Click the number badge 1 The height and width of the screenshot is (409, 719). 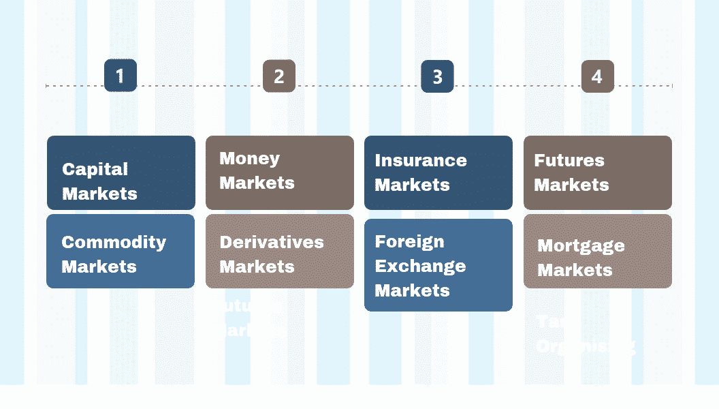coord(121,76)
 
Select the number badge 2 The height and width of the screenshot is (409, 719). coord(279,76)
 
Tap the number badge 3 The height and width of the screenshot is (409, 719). coord(437,76)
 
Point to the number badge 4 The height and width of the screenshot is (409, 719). coord(597,76)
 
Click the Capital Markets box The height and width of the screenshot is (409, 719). coord(121,172)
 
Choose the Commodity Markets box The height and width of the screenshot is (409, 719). coord(121,251)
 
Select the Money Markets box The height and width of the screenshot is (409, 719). coord(280,172)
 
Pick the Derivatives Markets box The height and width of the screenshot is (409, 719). coord(280,251)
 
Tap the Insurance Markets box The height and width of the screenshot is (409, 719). coord(438,172)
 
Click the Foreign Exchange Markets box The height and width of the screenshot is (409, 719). coord(438,265)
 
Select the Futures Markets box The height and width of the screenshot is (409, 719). coord(598,172)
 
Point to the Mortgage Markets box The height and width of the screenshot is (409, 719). coord(598,251)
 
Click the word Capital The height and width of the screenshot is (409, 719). coord(95,169)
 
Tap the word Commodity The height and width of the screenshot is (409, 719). coord(114,242)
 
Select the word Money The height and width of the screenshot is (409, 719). coord(249,159)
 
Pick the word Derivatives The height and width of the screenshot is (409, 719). coord(272,242)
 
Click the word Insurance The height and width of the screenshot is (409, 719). coord(421,161)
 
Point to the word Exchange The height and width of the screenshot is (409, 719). coord(420,266)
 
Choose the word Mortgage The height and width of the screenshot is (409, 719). coord(581,246)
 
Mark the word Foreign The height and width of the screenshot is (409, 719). coord(409,241)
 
